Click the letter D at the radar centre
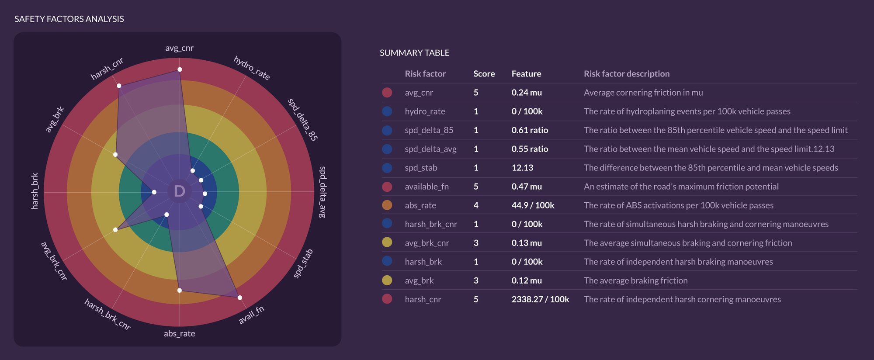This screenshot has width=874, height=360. [x=180, y=191]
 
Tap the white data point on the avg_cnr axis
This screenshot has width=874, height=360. [x=180, y=69]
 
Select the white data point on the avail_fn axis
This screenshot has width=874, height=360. [x=239, y=298]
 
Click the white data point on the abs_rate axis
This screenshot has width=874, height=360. [x=180, y=290]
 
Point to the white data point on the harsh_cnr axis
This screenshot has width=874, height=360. [x=119, y=86]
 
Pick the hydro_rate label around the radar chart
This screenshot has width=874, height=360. [x=252, y=68]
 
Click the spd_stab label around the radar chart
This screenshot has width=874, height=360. [x=303, y=263]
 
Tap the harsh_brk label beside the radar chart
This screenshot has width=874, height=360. [x=35, y=191]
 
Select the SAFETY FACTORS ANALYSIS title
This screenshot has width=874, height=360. [x=69, y=19]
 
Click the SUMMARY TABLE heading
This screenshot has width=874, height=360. [x=414, y=53]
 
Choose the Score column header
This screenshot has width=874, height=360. [x=484, y=74]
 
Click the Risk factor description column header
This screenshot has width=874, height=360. [x=626, y=74]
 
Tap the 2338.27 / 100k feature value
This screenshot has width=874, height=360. [x=540, y=299]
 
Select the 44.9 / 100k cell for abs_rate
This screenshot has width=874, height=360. [x=533, y=205]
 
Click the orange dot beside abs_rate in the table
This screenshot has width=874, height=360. [x=387, y=205]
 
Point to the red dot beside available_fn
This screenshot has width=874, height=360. [x=387, y=187]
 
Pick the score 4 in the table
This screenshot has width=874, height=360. [x=476, y=205]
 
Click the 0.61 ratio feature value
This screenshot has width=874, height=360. [x=530, y=130]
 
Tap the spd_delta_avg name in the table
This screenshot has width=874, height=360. [x=430, y=149]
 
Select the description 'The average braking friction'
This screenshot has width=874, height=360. [x=635, y=280]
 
